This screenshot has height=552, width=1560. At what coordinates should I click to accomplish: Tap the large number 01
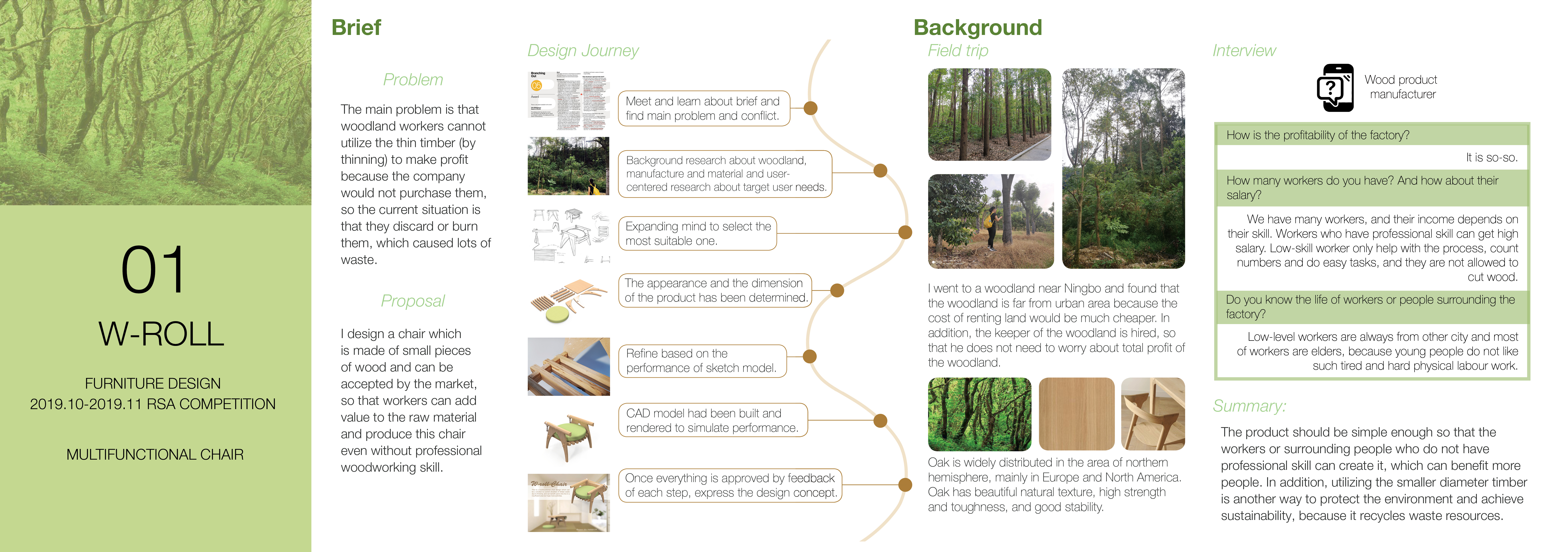coord(153,270)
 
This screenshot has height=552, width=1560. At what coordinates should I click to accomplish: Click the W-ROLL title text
coord(161,334)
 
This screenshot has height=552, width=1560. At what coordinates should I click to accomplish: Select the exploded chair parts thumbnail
coord(569,300)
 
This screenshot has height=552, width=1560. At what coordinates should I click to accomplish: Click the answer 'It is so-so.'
coord(1491,158)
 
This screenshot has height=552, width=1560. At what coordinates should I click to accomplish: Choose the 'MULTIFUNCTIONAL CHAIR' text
coord(155,455)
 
